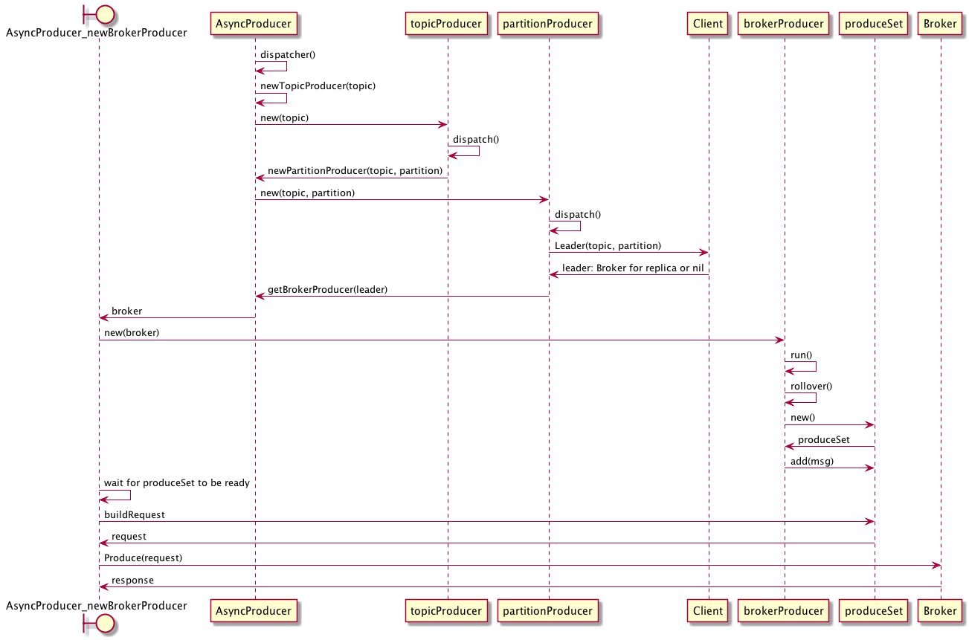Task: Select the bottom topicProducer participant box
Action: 446,611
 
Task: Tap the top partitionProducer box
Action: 547,24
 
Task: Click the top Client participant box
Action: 707,24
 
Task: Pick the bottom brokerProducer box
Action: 784,611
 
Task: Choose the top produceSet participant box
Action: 874,24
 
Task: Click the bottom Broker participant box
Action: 940,611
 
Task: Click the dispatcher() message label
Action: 288,55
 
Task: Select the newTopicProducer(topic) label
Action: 318,86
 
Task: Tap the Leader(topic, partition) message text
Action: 608,245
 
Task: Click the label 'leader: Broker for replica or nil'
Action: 632,268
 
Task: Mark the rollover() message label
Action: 811,387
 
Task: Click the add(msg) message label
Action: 812,461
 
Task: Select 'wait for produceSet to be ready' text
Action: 176,483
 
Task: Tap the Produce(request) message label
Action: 143,557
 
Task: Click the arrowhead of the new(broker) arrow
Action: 779,340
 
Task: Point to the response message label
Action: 132,580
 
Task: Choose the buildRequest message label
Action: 134,514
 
